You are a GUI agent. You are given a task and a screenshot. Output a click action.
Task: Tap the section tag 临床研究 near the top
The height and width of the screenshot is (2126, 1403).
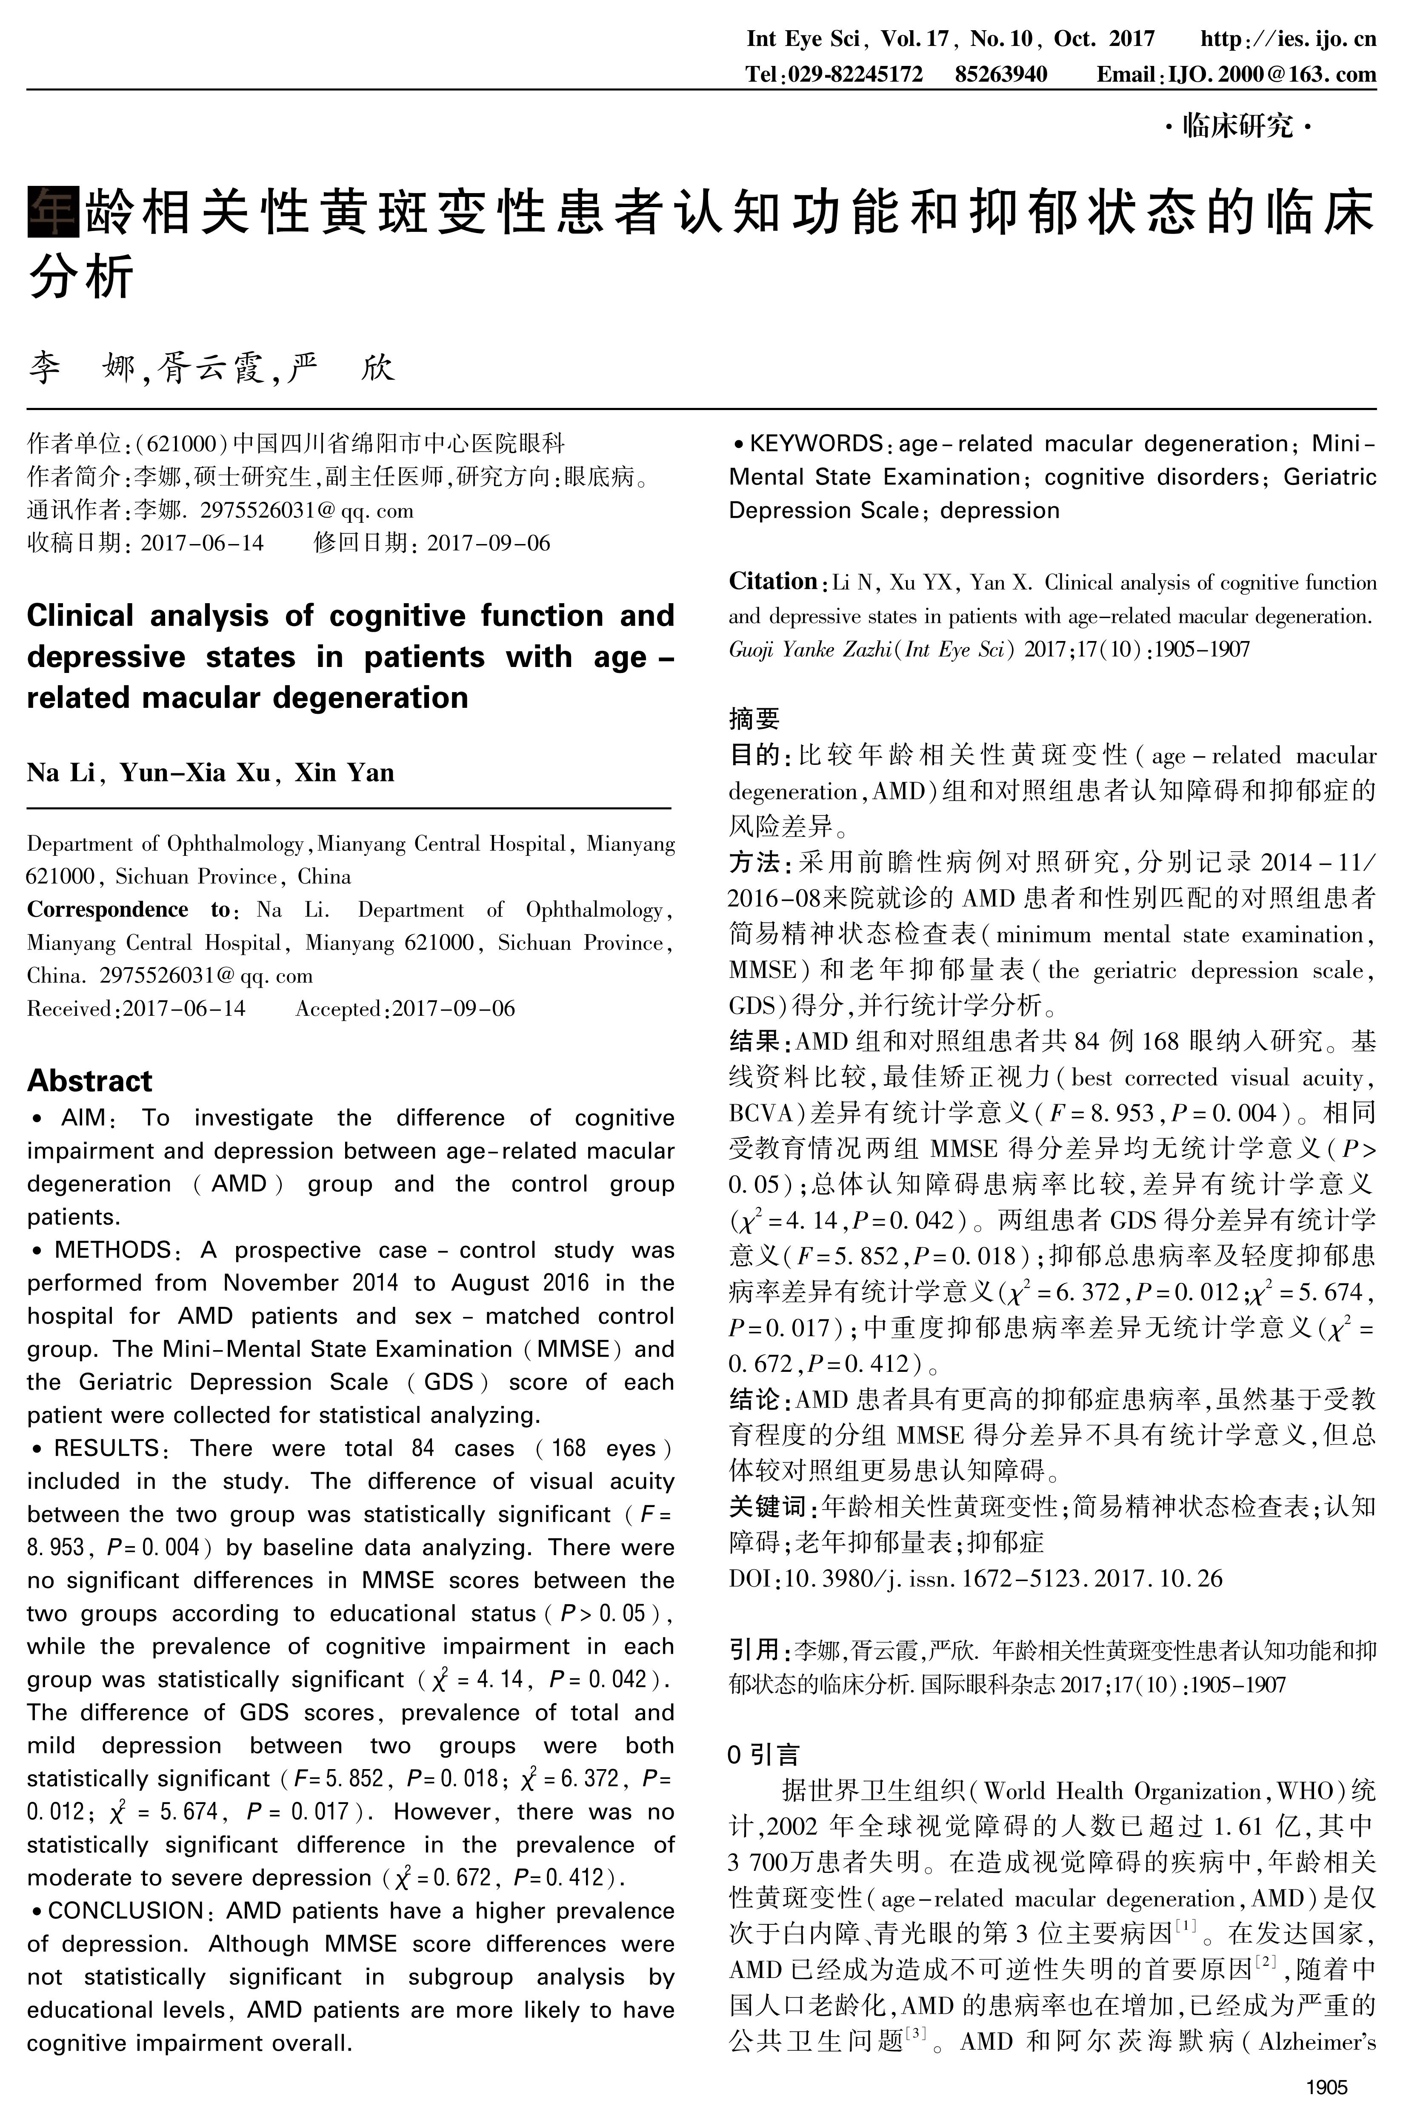coord(1237,126)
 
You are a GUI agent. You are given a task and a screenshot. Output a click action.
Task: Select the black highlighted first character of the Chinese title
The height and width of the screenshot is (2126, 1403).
coord(53,212)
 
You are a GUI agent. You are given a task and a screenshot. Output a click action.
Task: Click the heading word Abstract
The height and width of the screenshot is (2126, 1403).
coord(89,1080)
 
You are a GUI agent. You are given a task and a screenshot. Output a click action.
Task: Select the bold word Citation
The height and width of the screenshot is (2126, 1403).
coord(772,581)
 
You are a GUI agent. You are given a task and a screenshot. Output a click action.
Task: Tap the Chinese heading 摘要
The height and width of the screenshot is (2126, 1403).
coord(754,718)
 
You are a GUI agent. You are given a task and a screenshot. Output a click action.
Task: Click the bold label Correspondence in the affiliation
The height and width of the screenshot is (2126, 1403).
coord(107,909)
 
